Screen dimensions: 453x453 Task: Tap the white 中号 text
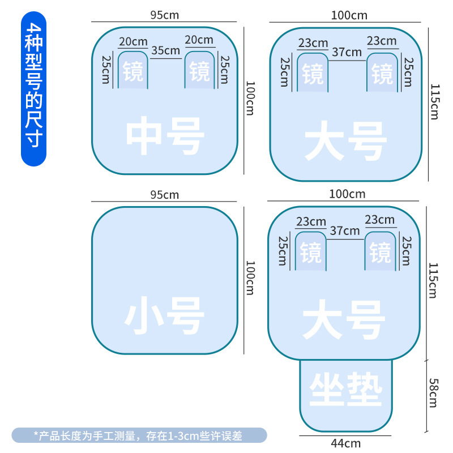tap(165, 136)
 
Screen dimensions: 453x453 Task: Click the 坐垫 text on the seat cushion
tap(346, 390)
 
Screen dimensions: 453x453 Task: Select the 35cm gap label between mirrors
tap(166, 50)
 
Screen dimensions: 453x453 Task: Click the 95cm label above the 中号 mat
tap(164, 15)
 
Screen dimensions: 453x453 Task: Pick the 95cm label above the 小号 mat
tap(164, 195)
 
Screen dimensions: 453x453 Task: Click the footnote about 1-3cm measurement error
tap(139, 435)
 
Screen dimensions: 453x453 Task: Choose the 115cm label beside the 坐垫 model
tap(434, 280)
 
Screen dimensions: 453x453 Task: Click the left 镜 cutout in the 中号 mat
tap(133, 71)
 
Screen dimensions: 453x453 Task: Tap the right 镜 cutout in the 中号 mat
tap(199, 71)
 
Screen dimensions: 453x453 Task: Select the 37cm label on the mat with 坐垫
tap(345, 231)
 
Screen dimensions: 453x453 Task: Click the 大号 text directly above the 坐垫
tap(344, 320)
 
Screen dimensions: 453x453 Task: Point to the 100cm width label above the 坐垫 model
tap(348, 194)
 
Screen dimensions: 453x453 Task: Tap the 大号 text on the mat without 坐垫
tap(346, 141)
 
